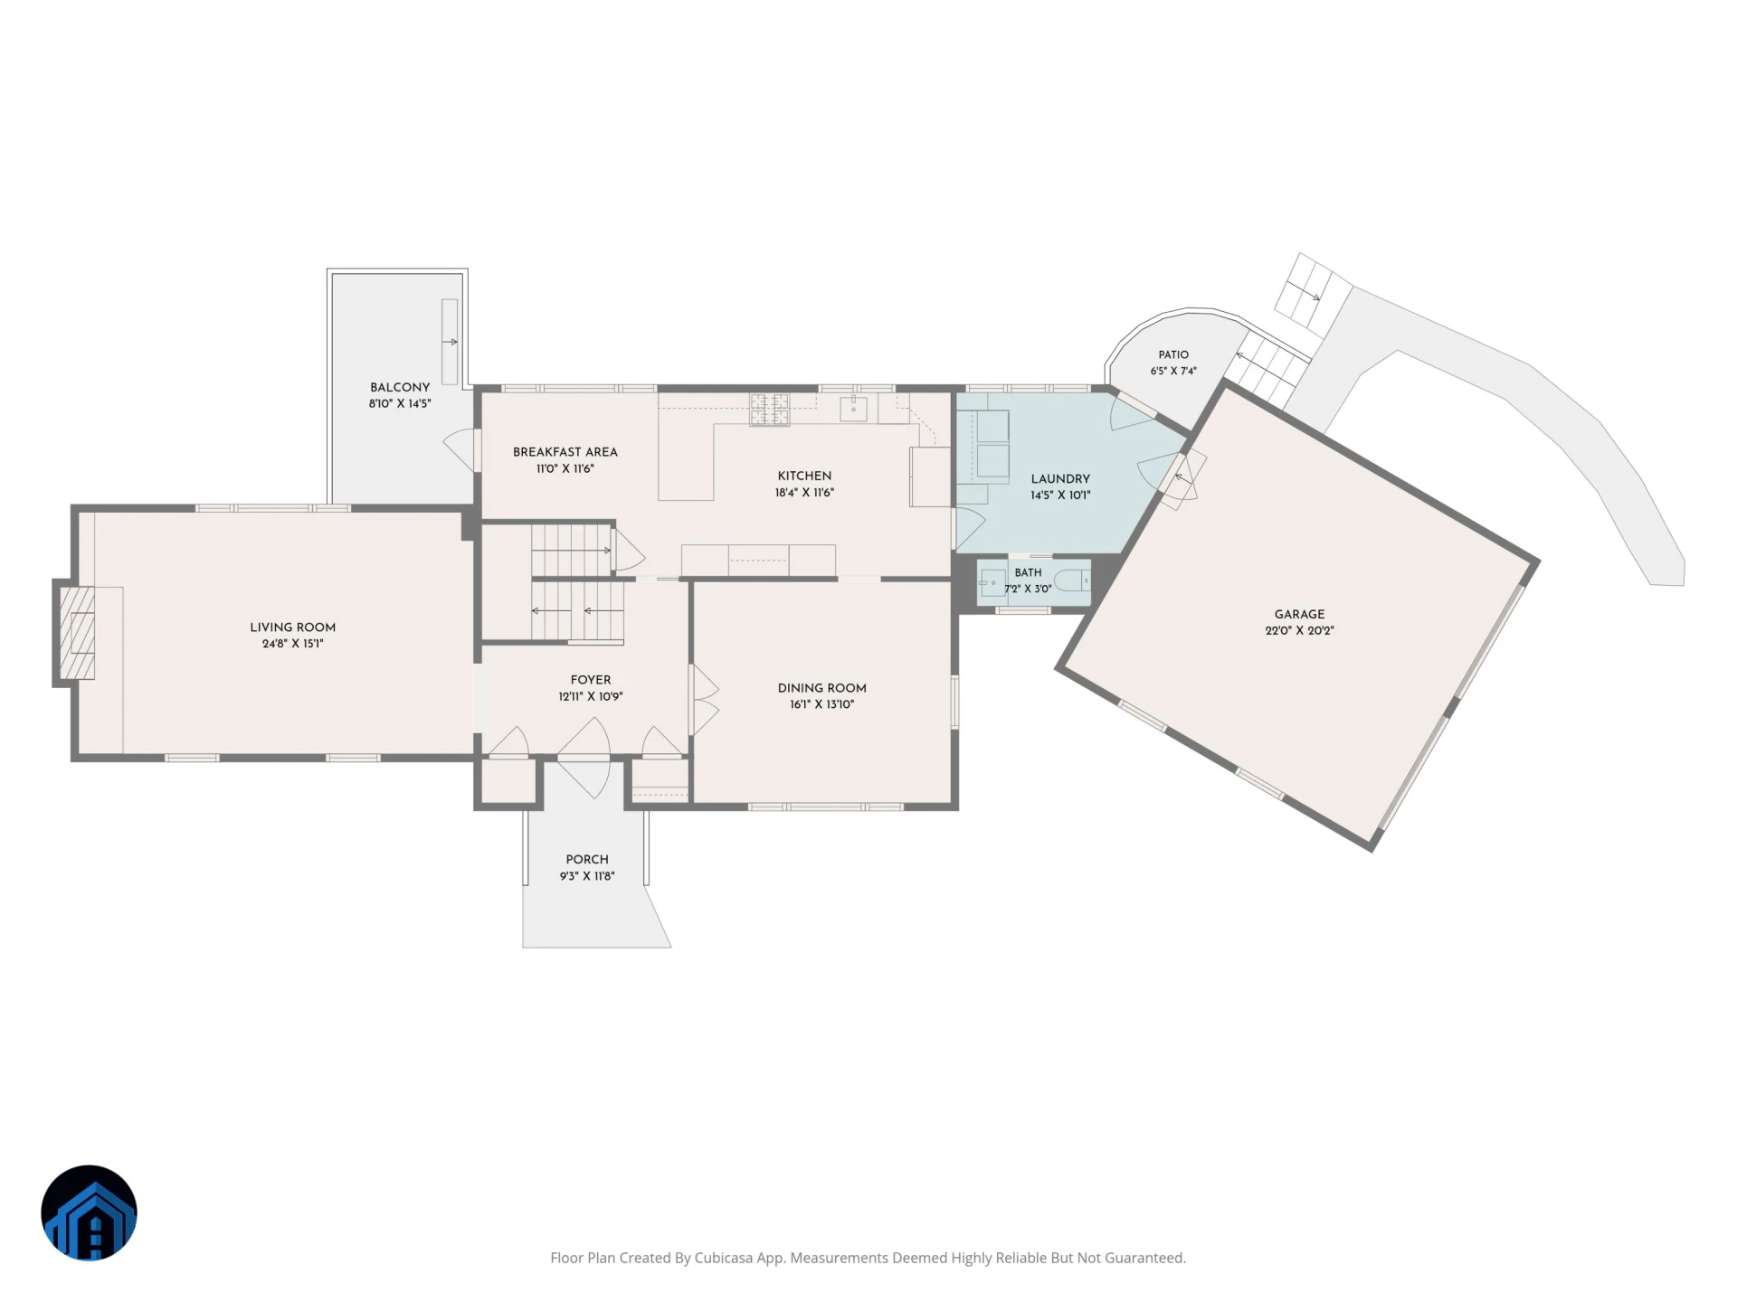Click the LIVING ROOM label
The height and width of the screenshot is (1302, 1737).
pyautogui.click(x=292, y=627)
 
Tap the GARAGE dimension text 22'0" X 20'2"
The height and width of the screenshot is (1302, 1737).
pyautogui.click(x=1299, y=631)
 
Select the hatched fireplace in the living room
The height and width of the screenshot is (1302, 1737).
pyautogui.click(x=77, y=633)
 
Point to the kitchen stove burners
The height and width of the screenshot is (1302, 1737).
pyautogui.click(x=769, y=410)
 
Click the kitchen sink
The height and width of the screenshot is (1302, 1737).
pyautogui.click(x=853, y=409)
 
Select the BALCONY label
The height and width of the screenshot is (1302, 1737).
pyautogui.click(x=400, y=387)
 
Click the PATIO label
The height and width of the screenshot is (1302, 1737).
pyautogui.click(x=1173, y=354)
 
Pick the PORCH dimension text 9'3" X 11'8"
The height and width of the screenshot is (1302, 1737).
pyautogui.click(x=587, y=876)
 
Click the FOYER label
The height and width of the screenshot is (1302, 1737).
pyautogui.click(x=591, y=680)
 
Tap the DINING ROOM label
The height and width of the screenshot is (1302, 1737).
pyautogui.click(x=821, y=688)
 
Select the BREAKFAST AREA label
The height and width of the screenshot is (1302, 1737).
pyautogui.click(x=565, y=452)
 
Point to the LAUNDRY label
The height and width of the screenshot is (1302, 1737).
pyautogui.click(x=1060, y=479)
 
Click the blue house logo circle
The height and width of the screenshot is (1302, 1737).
pyautogui.click(x=89, y=1212)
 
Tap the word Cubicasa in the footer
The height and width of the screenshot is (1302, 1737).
pyautogui.click(x=723, y=1258)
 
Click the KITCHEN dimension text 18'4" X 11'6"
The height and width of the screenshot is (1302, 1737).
pyautogui.click(x=804, y=493)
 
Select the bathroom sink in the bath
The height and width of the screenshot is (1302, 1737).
pyautogui.click(x=992, y=583)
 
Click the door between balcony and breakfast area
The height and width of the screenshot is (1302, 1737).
pyautogui.click(x=460, y=449)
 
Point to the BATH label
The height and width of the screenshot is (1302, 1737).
pyautogui.click(x=1028, y=572)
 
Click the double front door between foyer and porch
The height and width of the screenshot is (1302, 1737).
pyautogui.click(x=584, y=758)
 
